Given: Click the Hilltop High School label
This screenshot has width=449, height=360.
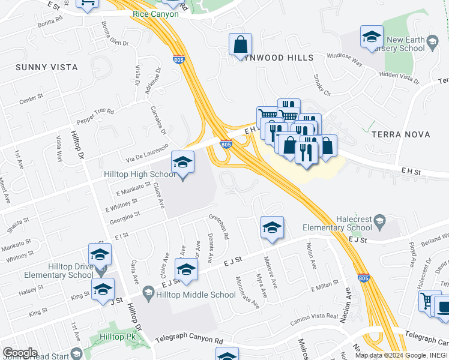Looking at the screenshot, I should pos(139,174).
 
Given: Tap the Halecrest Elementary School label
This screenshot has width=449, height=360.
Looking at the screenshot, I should pos(337,223).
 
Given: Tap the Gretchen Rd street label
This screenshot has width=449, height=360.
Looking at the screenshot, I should pos(219,226).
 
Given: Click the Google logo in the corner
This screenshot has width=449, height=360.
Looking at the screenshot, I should pos(20,352).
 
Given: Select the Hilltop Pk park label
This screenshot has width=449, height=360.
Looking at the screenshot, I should pos(118,337).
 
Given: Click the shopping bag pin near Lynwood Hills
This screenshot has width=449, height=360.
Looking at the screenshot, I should pos(240,44).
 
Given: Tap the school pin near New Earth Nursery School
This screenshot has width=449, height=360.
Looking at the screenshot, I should pos(372,37).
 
